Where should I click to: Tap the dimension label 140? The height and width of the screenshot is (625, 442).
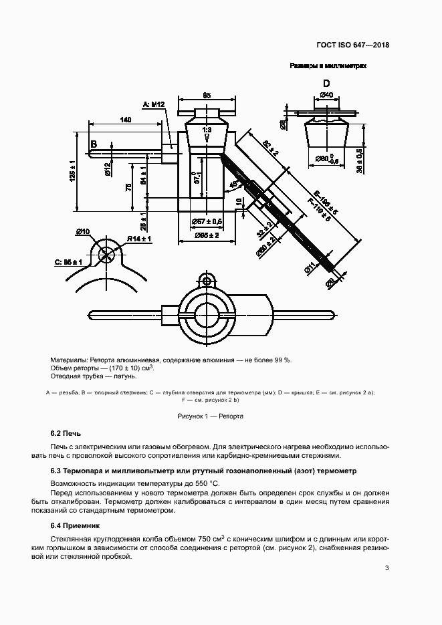[x=125, y=119]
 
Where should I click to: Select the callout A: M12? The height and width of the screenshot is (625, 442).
[x=154, y=104]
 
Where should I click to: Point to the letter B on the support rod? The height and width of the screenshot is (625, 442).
[x=94, y=144]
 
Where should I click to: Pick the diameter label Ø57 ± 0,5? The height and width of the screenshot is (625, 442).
[x=206, y=221]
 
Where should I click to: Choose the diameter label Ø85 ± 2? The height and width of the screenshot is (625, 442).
[x=207, y=235]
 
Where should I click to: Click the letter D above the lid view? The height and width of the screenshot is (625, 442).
[x=326, y=84]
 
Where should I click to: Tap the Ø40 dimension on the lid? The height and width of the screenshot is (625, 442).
[x=327, y=95]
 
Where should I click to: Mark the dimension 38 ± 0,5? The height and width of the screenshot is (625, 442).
[x=360, y=160]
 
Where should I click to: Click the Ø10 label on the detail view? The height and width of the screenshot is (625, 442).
[x=84, y=231]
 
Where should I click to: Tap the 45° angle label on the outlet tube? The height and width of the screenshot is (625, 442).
[x=233, y=184]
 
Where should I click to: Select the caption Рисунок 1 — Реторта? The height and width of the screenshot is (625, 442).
[x=210, y=416]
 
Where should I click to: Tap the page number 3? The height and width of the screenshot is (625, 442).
[x=386, y=568]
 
